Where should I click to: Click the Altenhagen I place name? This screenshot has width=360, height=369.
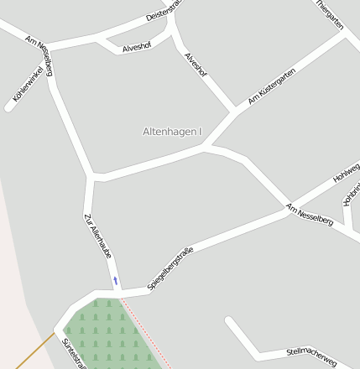tap(173, 132)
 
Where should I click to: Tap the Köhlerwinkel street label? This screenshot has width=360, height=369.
tap(28, 88)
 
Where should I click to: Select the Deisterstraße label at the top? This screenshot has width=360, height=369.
tap(164, 10)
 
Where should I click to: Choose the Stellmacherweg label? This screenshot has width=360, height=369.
tap(310, 356)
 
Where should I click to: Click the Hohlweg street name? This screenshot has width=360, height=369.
tap(346, 173)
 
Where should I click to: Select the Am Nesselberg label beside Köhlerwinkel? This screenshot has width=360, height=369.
tap(39, 55)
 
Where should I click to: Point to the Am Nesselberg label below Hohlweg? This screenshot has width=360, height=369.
tap(309, 215)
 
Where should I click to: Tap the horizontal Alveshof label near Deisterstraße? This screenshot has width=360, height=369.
tap(137, 48)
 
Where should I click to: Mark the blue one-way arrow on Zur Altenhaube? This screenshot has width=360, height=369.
tap(116, 280)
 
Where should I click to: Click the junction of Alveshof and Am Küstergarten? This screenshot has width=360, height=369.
tap(234, 112)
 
